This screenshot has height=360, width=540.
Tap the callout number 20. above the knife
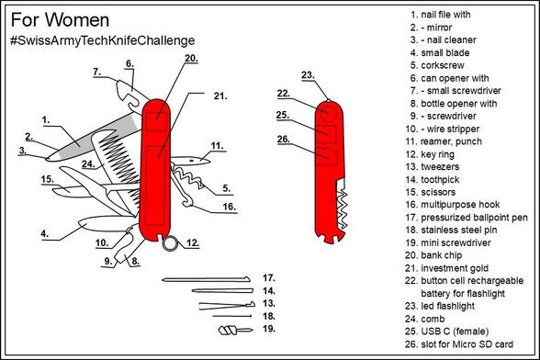click(191, 59)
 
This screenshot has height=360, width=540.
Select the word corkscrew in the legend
click(443, 65)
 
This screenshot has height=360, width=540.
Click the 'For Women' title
click(60, 20)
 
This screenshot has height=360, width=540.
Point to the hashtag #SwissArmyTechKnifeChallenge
click(103, 40)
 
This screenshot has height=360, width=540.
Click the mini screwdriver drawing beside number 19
click(235, 331)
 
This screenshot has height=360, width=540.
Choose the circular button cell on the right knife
click(328, 113)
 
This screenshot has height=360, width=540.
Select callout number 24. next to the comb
click(88, 164)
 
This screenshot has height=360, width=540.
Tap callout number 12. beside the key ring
click(193, 242)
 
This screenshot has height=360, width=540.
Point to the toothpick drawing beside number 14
click(222, 291)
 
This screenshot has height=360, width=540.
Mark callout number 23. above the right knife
click(308, 75)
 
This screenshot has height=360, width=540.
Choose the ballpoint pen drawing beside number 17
click(206, 279)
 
